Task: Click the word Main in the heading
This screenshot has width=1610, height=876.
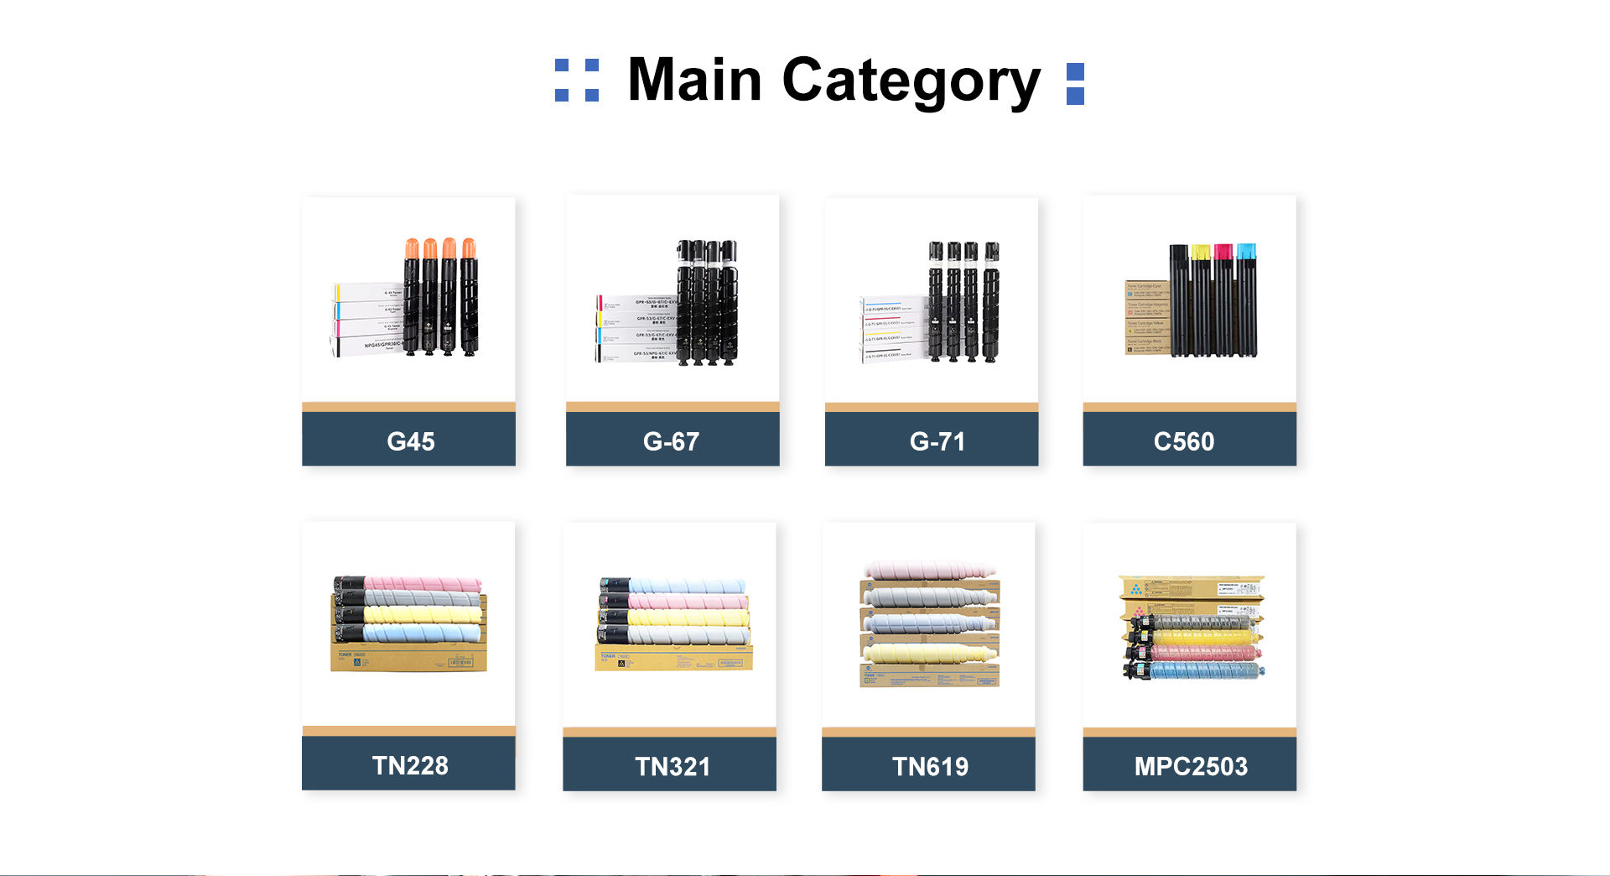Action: point(694,81)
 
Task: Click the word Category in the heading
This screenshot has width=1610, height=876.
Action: point(911,82)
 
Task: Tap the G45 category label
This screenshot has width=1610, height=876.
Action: point(410,441)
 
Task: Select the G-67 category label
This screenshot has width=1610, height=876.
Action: point(671,441)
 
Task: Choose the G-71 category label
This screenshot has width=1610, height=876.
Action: point(937,441)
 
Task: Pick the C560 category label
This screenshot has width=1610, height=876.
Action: point(1183,441)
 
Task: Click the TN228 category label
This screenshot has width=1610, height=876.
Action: point(410,765)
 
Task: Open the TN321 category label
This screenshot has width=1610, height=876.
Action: point(672,766)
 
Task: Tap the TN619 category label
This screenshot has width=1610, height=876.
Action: point(930,766)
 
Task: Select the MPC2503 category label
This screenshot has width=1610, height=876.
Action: point(1190,766)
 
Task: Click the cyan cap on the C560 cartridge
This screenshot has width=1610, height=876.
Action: point(1246,251)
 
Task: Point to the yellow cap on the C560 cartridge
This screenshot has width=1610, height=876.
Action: point(1201,251)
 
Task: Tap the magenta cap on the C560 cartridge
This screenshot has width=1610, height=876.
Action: point(1223,251)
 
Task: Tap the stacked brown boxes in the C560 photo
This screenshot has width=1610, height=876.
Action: point(1145,318)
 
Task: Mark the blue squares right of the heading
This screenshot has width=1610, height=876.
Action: point(1075,84)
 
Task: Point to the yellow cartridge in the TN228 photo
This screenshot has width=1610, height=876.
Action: point(423,616)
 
